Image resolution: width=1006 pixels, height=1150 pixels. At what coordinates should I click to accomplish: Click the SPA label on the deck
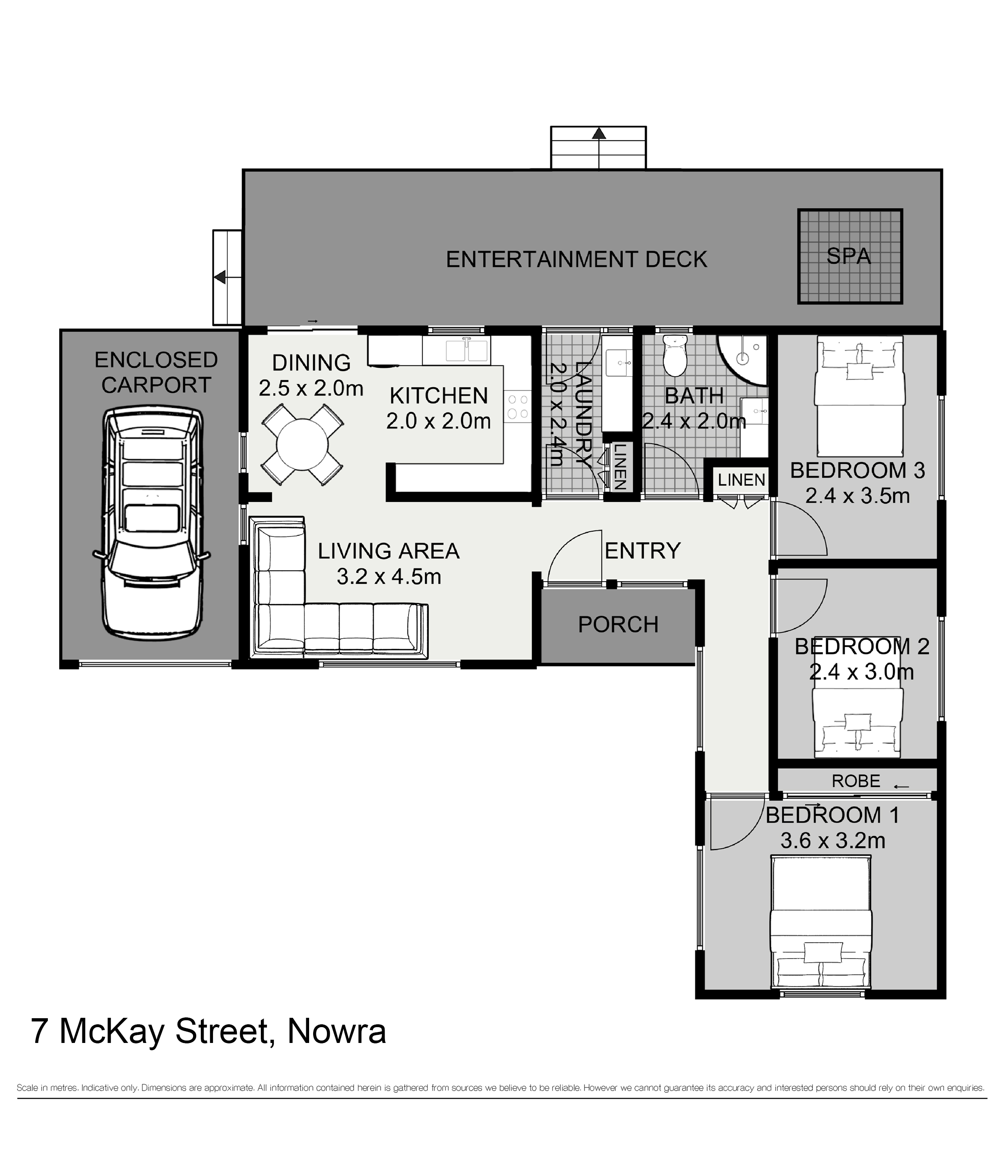848,257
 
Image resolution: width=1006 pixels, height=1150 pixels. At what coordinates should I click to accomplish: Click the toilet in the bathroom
674,356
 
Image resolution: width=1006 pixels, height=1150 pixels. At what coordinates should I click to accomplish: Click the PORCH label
618,624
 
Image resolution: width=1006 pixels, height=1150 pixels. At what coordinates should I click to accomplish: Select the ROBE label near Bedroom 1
856,781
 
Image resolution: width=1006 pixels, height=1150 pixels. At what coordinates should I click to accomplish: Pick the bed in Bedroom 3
860,396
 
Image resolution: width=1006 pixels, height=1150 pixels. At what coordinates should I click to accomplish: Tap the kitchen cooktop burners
518,406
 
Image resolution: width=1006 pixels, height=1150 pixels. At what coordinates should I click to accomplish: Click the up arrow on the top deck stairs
599,133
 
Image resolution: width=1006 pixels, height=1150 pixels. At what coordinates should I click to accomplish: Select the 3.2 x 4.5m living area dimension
389,576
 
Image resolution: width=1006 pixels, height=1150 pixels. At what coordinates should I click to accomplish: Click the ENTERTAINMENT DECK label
576,259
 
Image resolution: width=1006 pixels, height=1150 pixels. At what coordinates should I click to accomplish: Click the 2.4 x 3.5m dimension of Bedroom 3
857,496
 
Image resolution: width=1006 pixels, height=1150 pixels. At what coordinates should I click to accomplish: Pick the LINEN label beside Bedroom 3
741,480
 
